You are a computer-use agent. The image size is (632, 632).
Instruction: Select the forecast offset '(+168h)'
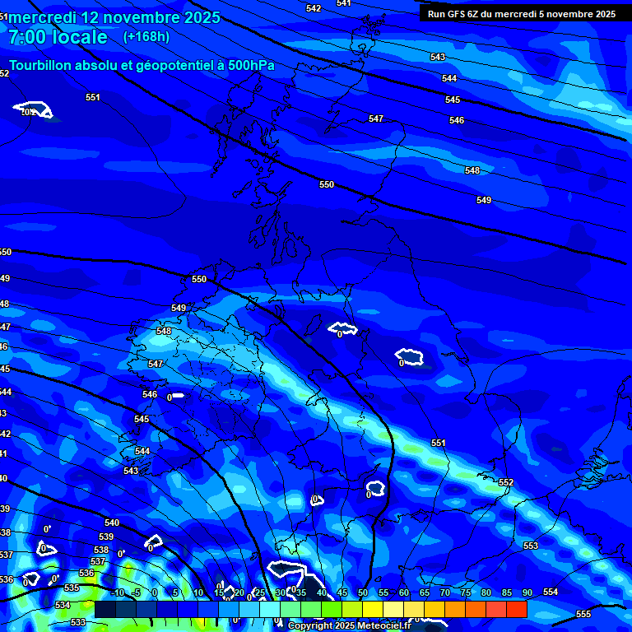coord(146,36)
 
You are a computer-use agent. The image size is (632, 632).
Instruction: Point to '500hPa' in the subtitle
coord(250,66)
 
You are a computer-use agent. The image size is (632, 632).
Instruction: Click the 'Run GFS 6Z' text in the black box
coord(453,14)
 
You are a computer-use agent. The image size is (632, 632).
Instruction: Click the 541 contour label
coord(344,3)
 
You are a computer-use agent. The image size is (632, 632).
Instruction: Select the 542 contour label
coord(314,8)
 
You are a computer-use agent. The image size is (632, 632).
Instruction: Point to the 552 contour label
coord(506,482)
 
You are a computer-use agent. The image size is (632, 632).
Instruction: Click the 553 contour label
coord(531,546)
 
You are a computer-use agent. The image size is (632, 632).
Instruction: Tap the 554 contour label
coord(551,592)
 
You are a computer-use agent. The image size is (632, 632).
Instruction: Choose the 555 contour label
coord(583,615)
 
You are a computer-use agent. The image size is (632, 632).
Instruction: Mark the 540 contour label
coord(112,523)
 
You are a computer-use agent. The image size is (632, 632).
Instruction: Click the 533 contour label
coord(78,622)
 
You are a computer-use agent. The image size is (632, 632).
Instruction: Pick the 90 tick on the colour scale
coord(527,592)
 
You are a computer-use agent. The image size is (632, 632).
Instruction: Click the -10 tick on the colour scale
coord(117,592)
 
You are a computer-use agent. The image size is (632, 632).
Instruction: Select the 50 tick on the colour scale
coord(363,592)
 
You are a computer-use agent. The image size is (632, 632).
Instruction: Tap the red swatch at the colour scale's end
coord(516,609)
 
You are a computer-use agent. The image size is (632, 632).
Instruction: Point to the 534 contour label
coord(62,605)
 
